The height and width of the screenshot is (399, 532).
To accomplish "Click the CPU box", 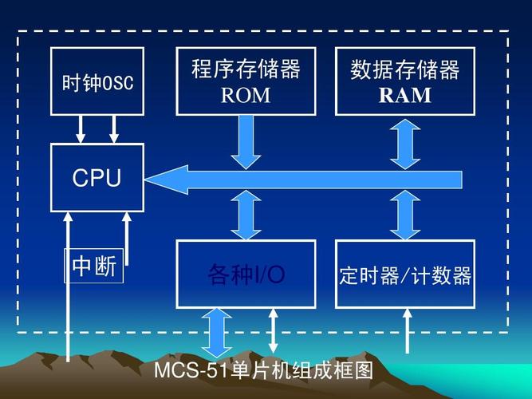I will (x=97, y=178).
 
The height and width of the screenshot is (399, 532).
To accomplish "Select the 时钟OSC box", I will (x=97, y=82).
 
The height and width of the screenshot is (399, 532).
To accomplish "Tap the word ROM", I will (x=246, y=97).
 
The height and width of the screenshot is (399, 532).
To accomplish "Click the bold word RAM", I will (x=404, y=97).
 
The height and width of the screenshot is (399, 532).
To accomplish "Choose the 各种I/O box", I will (x=246, y=275).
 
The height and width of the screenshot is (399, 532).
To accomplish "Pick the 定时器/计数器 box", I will (x=405, y=276).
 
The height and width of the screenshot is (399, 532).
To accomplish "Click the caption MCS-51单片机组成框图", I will (x=263, y=371).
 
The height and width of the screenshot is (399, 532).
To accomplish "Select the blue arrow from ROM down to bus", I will (x=246, y=140).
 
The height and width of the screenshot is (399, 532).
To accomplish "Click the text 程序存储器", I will (x=246, y=69).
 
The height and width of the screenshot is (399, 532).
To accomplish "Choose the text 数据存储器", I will (x=404, y=69).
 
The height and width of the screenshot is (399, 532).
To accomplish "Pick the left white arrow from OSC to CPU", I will (x=81, y=128).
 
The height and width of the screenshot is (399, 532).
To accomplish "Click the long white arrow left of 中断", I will (x=69, y=287).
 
